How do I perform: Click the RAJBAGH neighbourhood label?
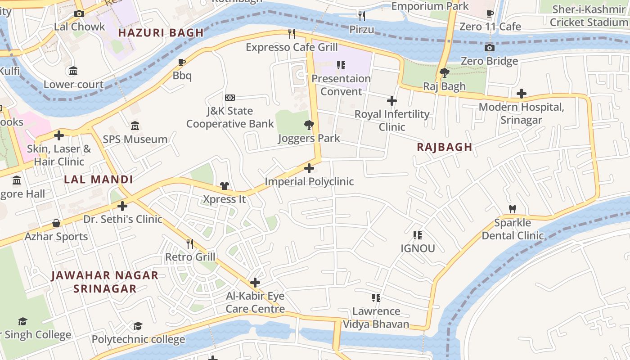point(444,147)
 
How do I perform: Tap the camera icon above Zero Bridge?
point(489,48)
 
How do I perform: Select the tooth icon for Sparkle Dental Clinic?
point(512,209)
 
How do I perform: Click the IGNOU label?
point(418,248)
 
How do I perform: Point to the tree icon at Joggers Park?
point(309,125)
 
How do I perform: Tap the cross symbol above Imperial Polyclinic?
point(309,168)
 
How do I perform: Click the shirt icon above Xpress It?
point(224,185)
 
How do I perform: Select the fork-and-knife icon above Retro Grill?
point(190,243)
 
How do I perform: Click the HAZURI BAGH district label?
point(161,33)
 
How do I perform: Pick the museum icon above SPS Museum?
point(135,126)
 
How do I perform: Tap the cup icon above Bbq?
point(182,62)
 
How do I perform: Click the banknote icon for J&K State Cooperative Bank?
point(229,98)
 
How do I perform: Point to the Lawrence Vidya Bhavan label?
point(376,317)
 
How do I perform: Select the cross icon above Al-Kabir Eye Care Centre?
point(255,283)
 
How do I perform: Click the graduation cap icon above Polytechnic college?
point(138,325)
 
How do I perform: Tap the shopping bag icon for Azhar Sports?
point(56,223)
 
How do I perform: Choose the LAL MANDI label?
point(98,180)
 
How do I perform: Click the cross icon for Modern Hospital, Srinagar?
point(521,94)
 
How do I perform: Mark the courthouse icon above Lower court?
point(73,71)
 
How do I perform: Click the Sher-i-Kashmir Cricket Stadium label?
point(589,15)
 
